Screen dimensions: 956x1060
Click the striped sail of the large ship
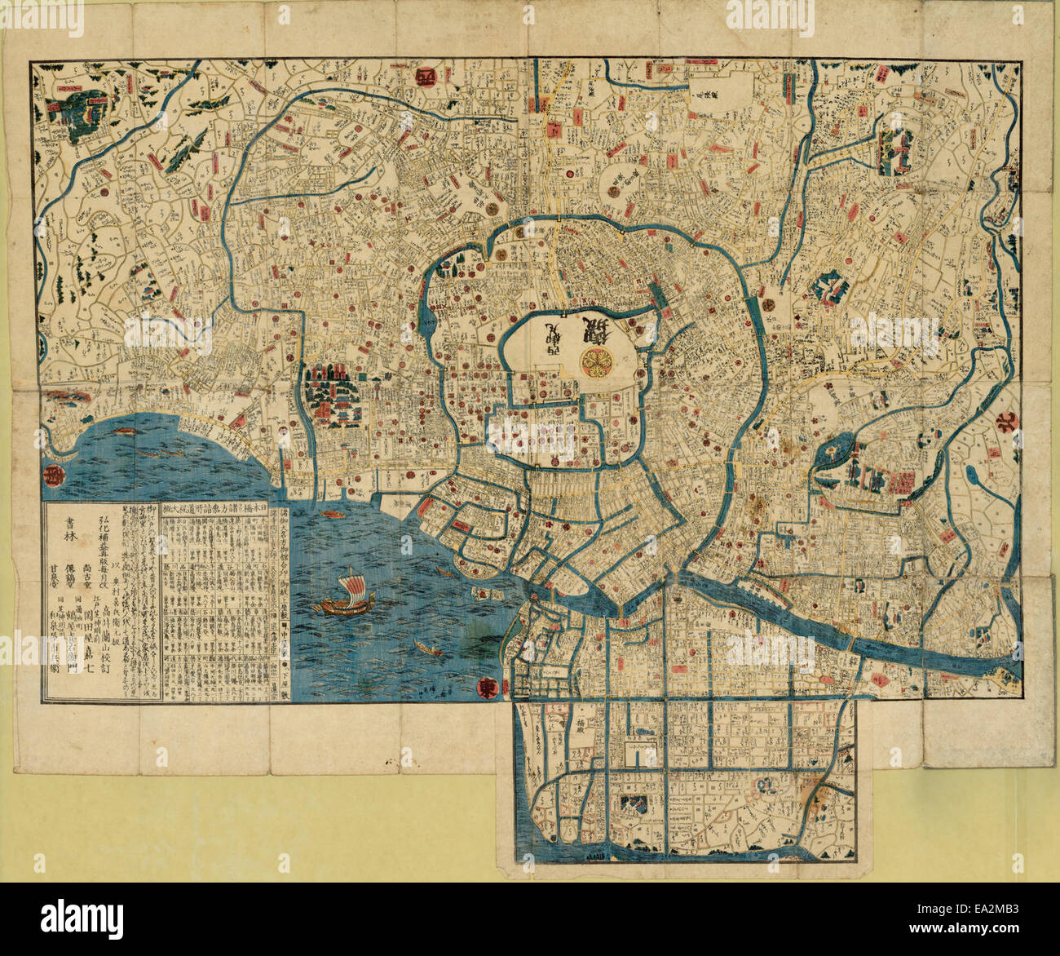(x=350, y=585)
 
